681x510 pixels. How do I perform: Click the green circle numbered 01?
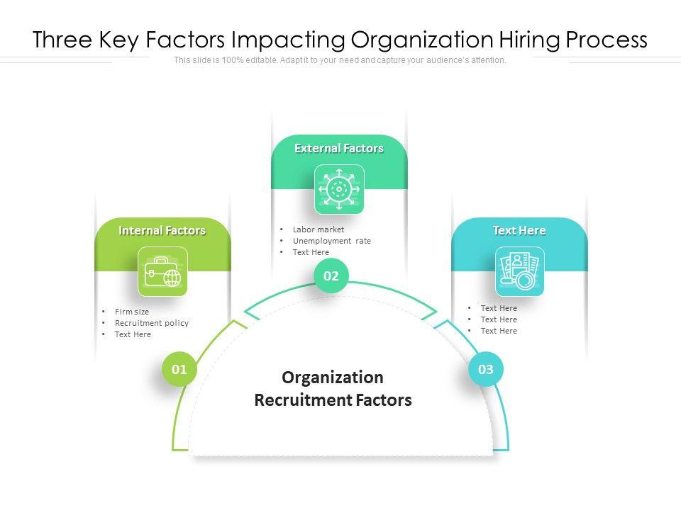click(179, 369)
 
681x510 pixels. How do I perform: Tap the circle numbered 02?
click(331, 276)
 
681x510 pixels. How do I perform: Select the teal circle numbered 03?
click(485, 369)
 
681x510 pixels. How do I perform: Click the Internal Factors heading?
click(162, 230)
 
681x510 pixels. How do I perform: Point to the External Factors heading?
click(339, 148)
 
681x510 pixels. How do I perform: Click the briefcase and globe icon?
click(162, 271)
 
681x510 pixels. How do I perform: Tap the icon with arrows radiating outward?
click(339, 189)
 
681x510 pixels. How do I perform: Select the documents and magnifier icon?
click(519, 271)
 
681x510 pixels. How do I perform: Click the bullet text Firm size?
click(132, 312)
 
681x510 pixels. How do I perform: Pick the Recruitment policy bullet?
click(152, 323)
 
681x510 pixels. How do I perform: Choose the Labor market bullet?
click(319, 229)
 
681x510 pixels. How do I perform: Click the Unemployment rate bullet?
click(332, 241)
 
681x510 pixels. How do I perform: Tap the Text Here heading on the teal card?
click(519, 230)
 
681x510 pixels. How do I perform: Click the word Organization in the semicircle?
click(333, 377)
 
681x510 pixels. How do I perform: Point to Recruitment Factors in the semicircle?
click(333, 400)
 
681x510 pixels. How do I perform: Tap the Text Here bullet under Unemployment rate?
click(311, 252)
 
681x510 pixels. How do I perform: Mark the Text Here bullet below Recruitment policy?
click(133, 334)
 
